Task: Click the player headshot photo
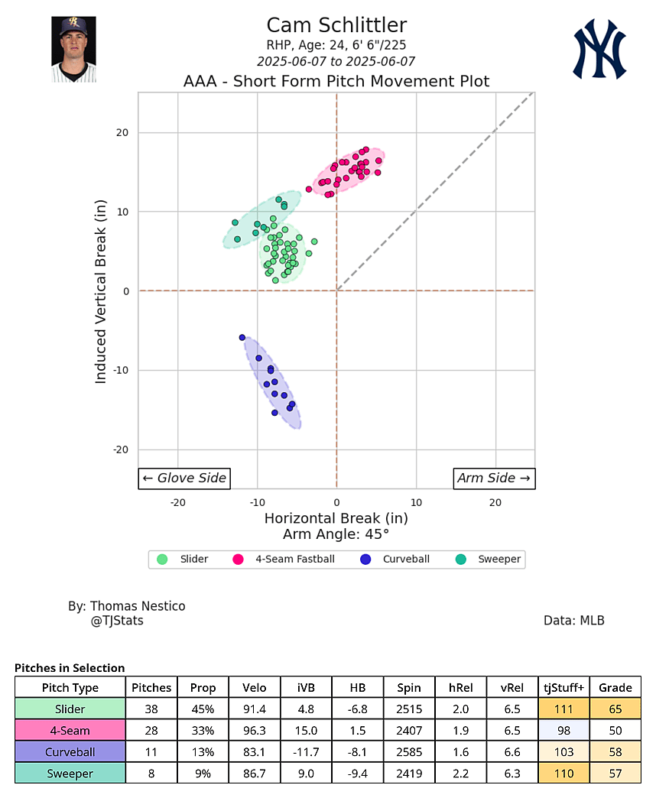coord(73,50)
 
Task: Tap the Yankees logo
coord(600,50)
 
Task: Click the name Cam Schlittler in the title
coord(336,25)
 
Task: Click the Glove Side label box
coord(184,478)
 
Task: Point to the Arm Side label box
coord(494,478)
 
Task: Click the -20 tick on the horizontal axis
coord(178,502)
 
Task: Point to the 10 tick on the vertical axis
coord(122,212)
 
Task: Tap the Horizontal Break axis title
coord(336,518)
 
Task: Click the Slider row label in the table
coord(70,709)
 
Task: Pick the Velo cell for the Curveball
coord(254,752)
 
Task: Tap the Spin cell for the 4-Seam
coord(409,731)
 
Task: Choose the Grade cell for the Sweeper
coord(615,774)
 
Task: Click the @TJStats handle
coord(117,621)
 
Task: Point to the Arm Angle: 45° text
coord(336,534)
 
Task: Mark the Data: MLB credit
coord(573,621)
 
